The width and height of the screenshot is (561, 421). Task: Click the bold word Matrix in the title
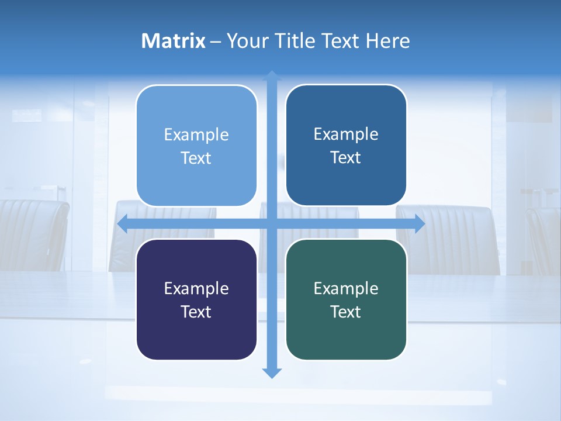coord(173,41)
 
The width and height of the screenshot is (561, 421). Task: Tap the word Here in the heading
coord(387,41)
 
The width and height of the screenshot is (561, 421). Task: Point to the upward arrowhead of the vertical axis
coord(272,76)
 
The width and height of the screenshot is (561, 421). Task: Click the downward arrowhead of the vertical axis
coord(272,372)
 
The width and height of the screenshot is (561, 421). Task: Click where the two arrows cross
coord(272,224)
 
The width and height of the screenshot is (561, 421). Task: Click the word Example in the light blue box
coord(196,135)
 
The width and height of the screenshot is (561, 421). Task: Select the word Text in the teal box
coord(346,312)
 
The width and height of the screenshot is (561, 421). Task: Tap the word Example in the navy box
coord(196,288)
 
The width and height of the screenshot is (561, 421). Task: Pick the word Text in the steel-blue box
coord(346,158)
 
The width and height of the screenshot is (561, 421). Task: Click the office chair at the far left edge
coord(32,234)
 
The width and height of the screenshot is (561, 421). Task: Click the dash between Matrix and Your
coord(216,42)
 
